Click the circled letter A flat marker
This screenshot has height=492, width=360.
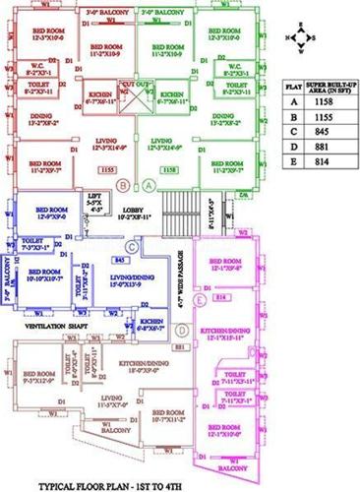pos(150,184)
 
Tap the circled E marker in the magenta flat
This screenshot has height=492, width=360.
pos(201,296)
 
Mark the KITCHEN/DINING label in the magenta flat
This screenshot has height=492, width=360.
pos(230,332)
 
